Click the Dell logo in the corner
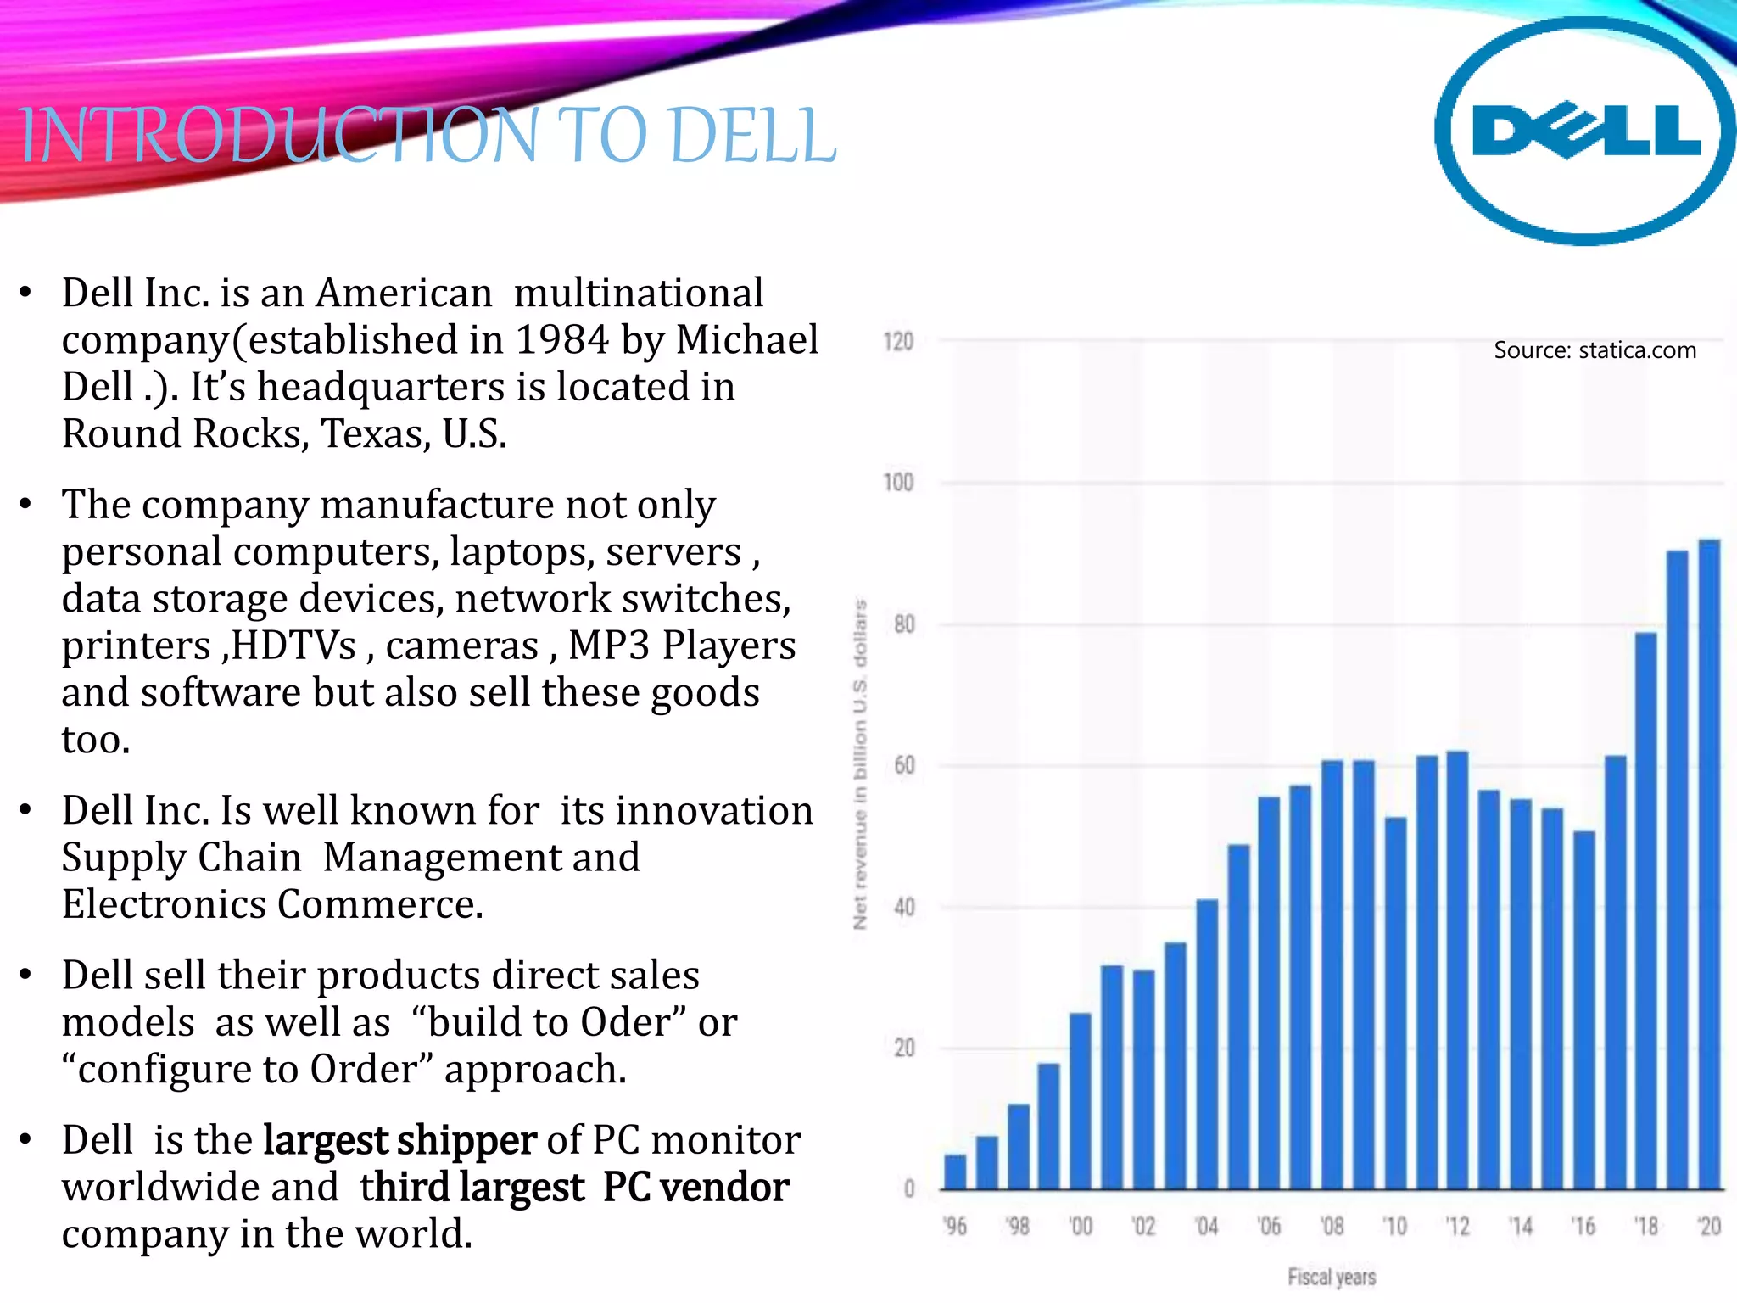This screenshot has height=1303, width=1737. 1584,131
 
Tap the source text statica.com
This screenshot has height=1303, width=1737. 1595,350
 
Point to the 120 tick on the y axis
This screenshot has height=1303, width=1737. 898,342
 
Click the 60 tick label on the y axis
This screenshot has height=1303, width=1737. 904,766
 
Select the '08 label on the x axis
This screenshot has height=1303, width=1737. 1332,1227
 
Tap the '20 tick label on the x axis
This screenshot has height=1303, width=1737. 1709,1227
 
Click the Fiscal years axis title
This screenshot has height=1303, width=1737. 1332,1277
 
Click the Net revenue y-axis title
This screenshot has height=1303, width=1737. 860,763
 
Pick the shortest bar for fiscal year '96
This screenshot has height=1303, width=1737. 955,1172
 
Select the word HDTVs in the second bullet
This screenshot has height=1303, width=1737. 293,646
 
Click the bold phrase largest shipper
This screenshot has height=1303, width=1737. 399,1140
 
